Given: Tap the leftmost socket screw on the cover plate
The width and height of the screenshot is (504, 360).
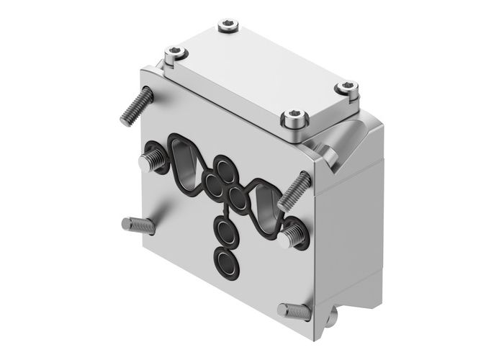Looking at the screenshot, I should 173,52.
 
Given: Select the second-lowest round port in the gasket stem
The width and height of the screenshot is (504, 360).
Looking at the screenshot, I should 226,234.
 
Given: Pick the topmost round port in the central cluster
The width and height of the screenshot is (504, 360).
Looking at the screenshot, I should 228,171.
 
